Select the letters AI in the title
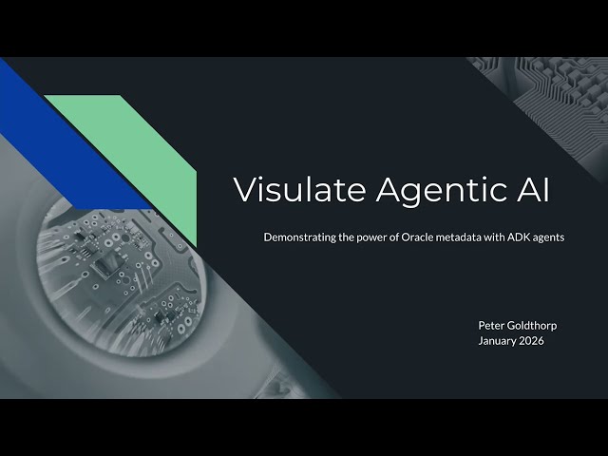pos(531,189)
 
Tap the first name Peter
pos(492,325)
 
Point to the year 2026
pos(533,341)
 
